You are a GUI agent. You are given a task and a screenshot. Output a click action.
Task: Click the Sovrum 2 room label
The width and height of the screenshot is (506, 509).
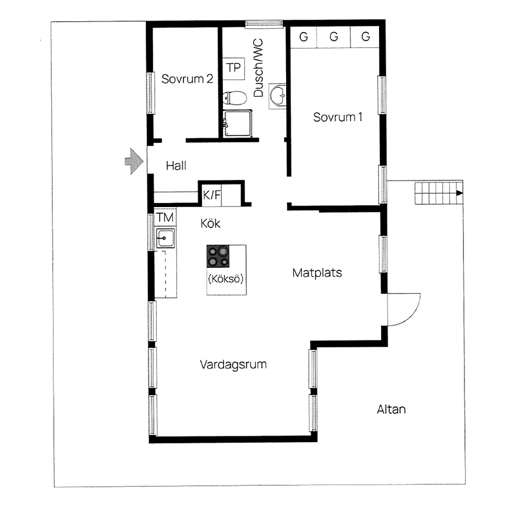187,79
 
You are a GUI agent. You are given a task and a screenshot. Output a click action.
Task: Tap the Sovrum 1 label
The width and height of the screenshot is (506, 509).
337,117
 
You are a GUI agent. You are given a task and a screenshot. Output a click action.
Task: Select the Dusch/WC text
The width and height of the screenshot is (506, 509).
258,68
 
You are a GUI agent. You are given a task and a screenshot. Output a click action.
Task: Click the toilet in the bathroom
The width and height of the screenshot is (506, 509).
234,98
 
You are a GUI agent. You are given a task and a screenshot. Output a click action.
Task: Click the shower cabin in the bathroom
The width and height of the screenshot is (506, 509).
237,124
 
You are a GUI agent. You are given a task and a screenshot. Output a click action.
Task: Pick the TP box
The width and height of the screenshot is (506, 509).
233,68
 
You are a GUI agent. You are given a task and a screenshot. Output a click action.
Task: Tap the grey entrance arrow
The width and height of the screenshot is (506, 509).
134,161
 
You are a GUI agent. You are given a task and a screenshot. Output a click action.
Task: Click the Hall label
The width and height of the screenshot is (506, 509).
176,166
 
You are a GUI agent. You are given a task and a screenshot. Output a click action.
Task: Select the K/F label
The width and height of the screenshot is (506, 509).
211,195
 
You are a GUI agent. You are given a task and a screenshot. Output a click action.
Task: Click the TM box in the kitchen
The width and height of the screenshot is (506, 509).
165,217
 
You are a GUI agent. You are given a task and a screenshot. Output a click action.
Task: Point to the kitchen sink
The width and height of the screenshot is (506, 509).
166,238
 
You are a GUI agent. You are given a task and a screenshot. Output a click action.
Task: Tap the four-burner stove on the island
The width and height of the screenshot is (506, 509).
218,256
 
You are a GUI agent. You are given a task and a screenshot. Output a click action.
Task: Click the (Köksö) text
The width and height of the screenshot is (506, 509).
226,279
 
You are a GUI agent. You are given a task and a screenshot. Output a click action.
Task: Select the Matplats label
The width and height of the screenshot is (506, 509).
317,273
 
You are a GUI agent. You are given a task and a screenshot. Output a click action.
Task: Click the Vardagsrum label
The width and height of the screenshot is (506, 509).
233,365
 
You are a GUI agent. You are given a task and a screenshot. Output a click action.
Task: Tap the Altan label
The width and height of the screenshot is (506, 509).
391,409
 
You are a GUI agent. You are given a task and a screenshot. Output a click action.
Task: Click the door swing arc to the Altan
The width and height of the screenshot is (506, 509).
411,315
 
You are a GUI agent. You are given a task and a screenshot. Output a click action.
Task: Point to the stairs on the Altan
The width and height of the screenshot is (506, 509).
439,193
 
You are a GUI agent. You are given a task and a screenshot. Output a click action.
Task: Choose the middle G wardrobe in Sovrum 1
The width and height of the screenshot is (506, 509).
334,37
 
